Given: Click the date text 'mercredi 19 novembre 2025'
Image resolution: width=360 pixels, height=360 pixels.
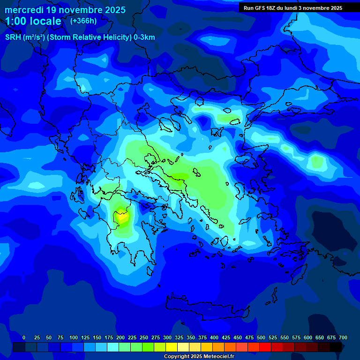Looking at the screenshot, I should pyautogui.click(x=65, y=10).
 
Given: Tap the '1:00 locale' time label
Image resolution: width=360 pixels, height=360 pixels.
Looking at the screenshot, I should pyautogui.click(x=33, y=22).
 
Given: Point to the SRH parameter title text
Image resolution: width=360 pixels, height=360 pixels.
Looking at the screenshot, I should pyautogui.click(x=80, y=37).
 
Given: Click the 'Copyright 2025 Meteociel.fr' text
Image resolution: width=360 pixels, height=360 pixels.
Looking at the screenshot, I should pyautogui.click(x=199, y=357).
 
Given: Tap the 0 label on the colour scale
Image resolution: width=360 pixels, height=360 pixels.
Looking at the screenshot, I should pyautogui.click(x=24, y=337).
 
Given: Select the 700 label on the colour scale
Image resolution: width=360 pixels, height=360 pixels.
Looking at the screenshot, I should pyautogui.click(x=343, y=337).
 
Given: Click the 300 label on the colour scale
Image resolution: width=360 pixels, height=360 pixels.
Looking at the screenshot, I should pyautogui.click(x=167, y=337).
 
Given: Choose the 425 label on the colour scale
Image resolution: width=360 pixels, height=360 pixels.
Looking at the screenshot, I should pyautogui.click(x=226, y=337).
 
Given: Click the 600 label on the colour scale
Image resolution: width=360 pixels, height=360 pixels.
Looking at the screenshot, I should pyautogui.click(x=308, y=337).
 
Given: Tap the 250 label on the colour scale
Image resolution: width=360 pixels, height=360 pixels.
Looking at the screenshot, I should pyautogui.click(x=144, y=337).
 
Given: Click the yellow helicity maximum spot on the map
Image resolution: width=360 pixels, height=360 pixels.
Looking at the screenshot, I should pyautogui.click(x=122, y=217).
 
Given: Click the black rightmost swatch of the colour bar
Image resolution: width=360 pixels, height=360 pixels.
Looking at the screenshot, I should pyautogui.click(x=336, y=347).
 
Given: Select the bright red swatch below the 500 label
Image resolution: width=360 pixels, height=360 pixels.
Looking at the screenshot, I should pyautogui.click(x=265, y=347).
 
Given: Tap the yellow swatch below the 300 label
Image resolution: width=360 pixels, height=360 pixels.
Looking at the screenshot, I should pyautogui.click(x=172, y=347).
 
